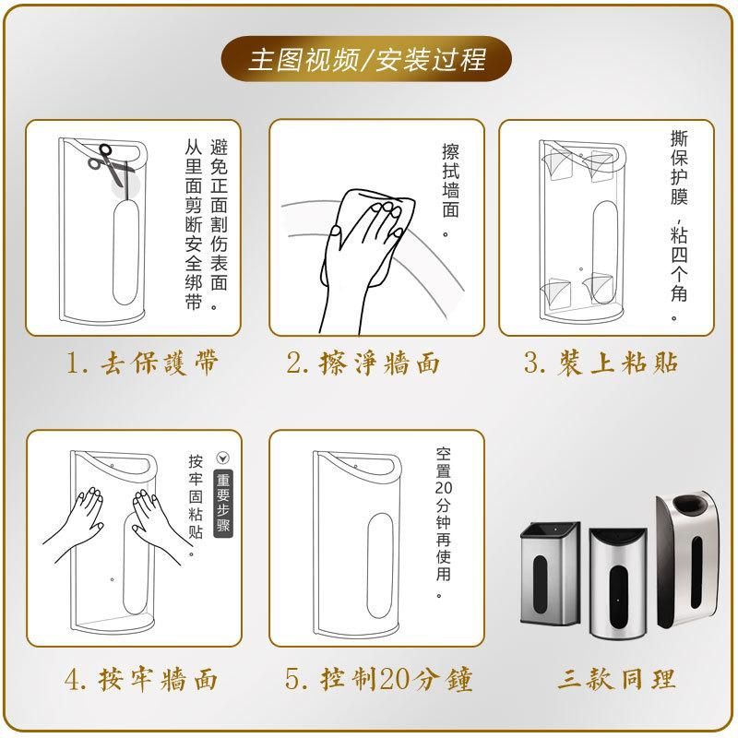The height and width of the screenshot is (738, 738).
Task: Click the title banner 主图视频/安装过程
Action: point(366,59)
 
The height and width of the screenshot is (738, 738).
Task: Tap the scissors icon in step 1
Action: point(111,164)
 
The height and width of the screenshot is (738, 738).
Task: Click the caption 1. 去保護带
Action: point(142,363)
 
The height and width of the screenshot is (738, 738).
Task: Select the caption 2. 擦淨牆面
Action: point(363,363)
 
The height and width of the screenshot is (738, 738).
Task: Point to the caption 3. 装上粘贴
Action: point(601,363)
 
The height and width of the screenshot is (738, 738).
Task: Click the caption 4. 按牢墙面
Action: point(141,680)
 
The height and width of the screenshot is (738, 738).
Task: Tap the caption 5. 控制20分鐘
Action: point(378,680)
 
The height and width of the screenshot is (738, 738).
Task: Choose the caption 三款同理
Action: point(616,679)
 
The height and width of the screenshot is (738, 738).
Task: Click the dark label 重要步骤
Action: point(223,503)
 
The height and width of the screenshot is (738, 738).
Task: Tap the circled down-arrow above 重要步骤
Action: point(222,458)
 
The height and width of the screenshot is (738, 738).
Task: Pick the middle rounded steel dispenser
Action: point(618,583)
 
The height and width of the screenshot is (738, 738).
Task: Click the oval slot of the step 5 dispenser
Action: point(379,566)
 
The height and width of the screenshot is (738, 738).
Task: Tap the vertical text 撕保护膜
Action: point(679,168)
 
